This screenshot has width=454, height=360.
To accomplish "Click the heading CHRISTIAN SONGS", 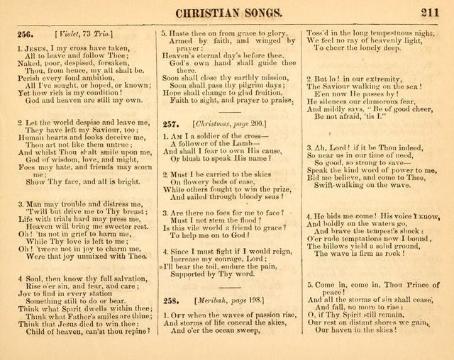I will (226, 11).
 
